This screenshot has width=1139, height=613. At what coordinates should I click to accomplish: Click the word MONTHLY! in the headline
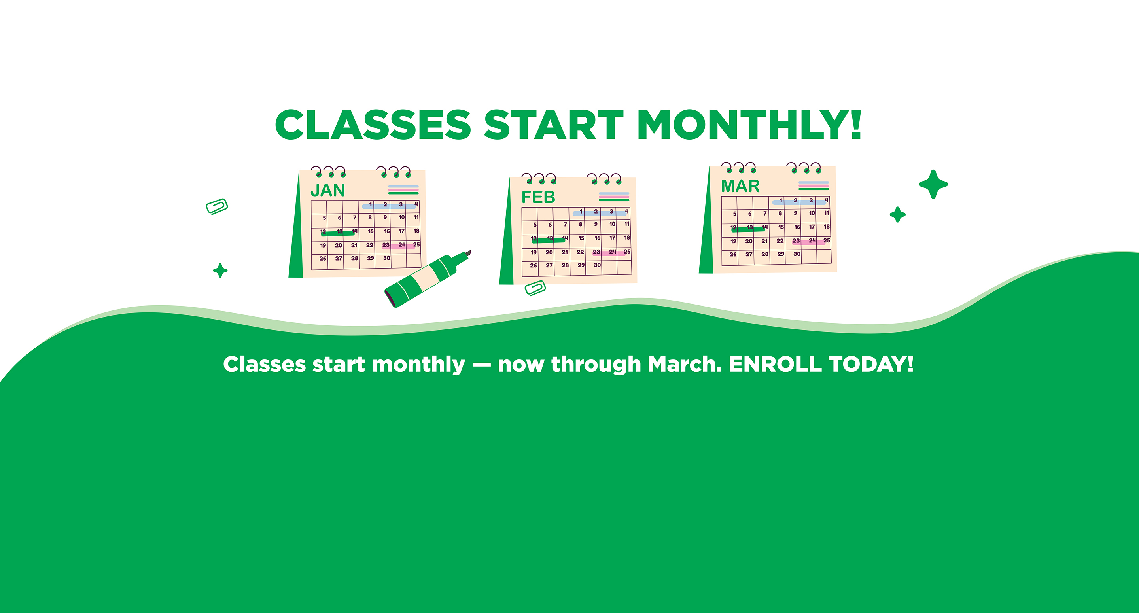[749, 125]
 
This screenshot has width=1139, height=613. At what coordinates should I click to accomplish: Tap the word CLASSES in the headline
[373, 125]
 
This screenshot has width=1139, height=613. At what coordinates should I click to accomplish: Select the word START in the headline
[554, 125]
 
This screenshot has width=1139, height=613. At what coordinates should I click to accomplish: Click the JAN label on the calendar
[327, 190]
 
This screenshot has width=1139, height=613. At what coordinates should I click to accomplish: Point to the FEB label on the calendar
[538, 197]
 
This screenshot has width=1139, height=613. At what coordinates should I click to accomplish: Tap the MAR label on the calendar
[740, 186]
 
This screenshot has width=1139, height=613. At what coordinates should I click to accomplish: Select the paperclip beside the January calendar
[217, 206]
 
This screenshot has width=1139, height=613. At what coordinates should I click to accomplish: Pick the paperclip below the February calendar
[535, 288]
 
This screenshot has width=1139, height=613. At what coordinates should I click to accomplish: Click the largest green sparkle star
[933, 184]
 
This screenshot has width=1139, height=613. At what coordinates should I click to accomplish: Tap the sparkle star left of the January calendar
[220, 270]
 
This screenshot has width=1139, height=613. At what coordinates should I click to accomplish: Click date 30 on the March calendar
[797, 254]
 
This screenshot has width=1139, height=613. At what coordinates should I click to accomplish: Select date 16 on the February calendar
[597, 238]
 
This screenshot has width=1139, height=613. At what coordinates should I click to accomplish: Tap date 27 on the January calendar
[339, 259]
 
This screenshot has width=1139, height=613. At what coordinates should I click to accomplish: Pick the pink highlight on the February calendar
[609, 254]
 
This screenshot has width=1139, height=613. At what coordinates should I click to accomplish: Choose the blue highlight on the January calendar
[389, 206]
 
